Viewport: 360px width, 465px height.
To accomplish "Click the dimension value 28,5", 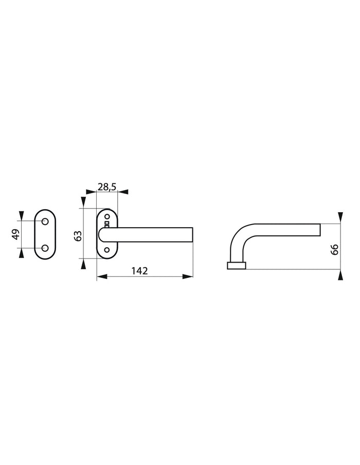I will tap(106, 187).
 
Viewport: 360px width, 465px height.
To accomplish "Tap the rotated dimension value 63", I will tap(78, 236).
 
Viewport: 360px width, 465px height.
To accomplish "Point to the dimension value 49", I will tap(15, 234).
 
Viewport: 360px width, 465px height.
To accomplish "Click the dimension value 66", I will tap(334, 250).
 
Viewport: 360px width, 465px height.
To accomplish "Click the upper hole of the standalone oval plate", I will tap(45, 221).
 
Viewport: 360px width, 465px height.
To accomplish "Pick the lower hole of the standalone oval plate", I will tap(45, 248).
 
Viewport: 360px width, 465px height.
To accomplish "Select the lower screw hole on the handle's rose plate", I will tap(107, 250).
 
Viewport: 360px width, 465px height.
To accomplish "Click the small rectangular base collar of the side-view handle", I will tap(236, 266).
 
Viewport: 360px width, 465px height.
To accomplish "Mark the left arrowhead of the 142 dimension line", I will tap(101, 277).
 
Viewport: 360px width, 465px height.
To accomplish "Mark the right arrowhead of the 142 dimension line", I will tap(188, 277).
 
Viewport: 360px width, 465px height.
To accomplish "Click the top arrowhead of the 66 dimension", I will tap(339, 216).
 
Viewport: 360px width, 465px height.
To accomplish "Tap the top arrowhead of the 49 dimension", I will tap(21, 215).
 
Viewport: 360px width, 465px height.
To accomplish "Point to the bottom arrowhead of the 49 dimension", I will tap(21, 254).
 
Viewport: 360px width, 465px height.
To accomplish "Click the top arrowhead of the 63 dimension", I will tap(82, 202).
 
